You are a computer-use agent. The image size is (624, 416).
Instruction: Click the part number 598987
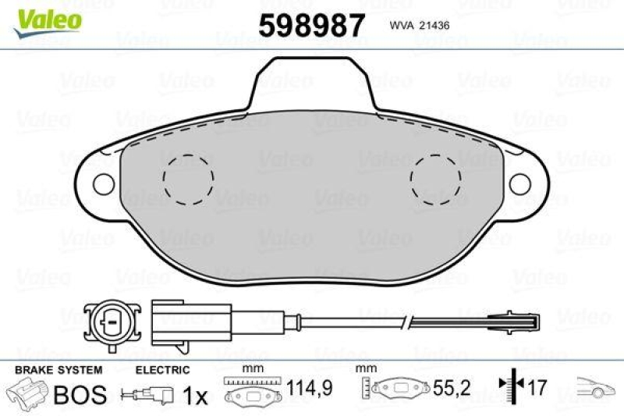tap(311, 26)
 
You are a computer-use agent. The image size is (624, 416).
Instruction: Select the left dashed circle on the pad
tap(188, 179)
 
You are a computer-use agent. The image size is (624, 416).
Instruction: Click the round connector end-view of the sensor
tap(111, 320)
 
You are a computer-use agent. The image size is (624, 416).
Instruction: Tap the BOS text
tap(79, 394)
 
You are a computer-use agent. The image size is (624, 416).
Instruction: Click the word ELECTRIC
tap(162, 369)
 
